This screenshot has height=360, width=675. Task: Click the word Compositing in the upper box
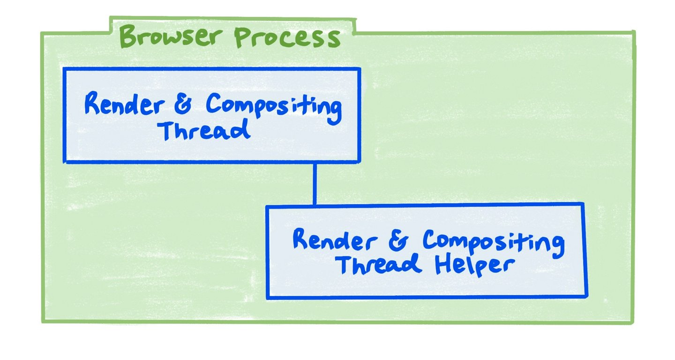point(274,107)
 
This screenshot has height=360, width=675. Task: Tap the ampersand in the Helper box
point(399,240)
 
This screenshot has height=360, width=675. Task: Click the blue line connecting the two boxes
point(315,183)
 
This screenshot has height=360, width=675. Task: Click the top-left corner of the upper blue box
point(65,69)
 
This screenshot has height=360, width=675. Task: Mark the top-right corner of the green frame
point(634,32)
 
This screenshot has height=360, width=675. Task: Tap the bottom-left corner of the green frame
point(43,322)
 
